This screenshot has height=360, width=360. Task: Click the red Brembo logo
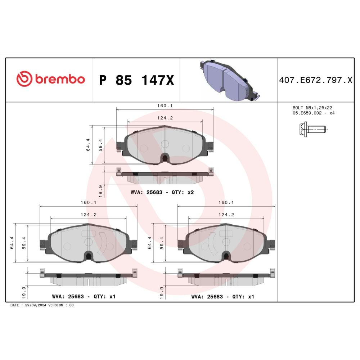click(50, 79)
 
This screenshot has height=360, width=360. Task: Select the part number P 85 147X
click(136, 80)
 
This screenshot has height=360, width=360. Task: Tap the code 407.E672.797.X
click(316, 80)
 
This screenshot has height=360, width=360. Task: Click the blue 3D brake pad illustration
click(230, 80)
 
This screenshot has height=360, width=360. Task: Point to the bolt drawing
click(312, 129)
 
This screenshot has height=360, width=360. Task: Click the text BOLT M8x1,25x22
click(312, 107)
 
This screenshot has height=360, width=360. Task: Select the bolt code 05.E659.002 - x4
click(314, 113)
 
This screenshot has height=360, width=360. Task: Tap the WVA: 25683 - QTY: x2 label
click(162, 192)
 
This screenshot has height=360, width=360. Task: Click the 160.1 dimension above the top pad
click(165, 105)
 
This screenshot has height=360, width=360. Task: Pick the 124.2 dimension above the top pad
click(165, 118)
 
